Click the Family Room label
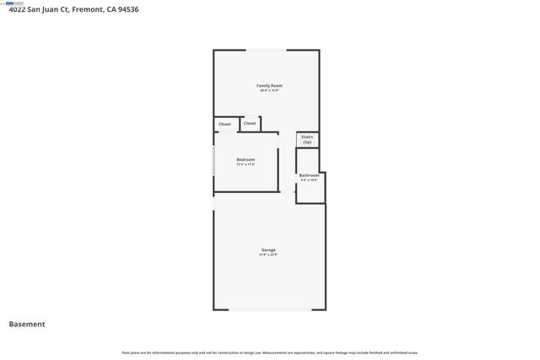(x=269, y=85)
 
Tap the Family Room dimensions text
(x=269, y=90)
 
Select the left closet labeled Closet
(x=224, y=124)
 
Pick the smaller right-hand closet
(x=250, y=123)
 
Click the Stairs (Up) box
(x=307, y=139)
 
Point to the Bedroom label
(x=246, y=159)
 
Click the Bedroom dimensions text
(x=246, y=164)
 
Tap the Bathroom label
(x=309, y=175)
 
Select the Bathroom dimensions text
(x=309, y=180)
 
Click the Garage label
(x=268, y=250)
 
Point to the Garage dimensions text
(x=268, y=255)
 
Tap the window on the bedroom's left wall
(x=213, y=161)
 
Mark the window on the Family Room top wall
(x=265, y=51)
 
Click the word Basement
(x=27, y=324)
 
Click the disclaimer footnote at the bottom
(x=269, y=352)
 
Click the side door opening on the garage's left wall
(x=213, y=203)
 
